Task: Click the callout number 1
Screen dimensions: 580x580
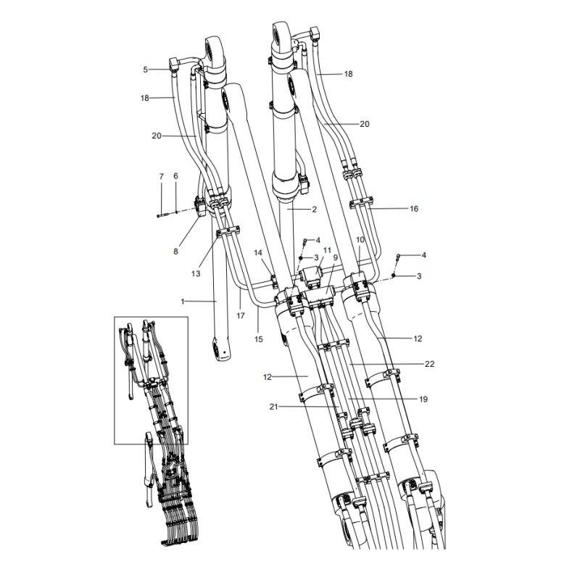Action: coord(183,300)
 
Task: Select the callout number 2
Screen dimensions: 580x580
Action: coord(314,210)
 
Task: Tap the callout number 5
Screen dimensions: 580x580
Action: coord(146,70)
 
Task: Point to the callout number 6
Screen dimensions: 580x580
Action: coord(175,176)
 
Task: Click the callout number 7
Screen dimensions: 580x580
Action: coord(161,176)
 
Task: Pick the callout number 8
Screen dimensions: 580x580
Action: coord(175,252)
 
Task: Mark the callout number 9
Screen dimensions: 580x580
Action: coord(336,257)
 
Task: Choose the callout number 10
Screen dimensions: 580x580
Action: coord(360,240)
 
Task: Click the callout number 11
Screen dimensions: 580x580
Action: coord(327,250)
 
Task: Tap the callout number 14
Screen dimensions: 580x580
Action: coord(257,252)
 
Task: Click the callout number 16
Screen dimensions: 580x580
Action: coord(414,209)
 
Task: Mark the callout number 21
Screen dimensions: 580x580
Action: coord(273,407)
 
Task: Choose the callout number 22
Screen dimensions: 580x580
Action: coord(429,363)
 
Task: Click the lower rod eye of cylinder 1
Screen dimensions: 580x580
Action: coord(223,350)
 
